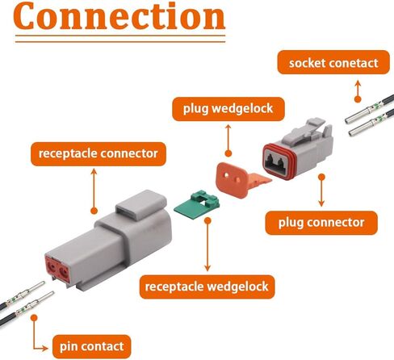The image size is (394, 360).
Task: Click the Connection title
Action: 119,16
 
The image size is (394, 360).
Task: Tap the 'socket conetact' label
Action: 333,62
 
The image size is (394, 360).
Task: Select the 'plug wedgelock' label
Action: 228,109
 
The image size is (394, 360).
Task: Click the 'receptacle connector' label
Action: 98,153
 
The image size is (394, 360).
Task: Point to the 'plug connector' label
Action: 321,223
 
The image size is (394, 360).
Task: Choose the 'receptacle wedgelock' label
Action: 207,287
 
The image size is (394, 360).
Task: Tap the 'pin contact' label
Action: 92,346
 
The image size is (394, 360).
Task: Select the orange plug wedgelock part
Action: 240,179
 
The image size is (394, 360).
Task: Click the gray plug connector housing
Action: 299,149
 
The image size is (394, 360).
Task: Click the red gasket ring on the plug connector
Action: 280,161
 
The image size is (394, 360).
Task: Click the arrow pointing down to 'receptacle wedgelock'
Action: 207,245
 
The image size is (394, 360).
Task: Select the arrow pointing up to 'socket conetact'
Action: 358,91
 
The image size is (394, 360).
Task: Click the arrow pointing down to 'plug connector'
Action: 321,190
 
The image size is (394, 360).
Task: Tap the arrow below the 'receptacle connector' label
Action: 94,191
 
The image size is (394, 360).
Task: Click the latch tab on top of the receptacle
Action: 141,205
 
